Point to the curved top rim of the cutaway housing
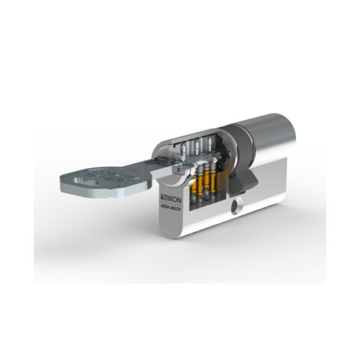[196, 131]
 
